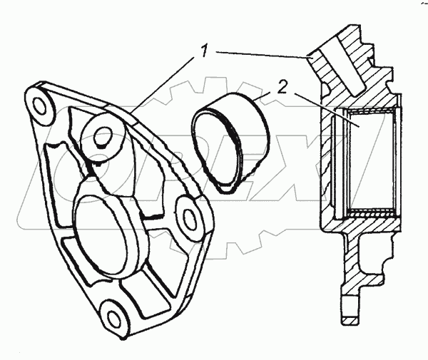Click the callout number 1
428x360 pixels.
tap(204, 51)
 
